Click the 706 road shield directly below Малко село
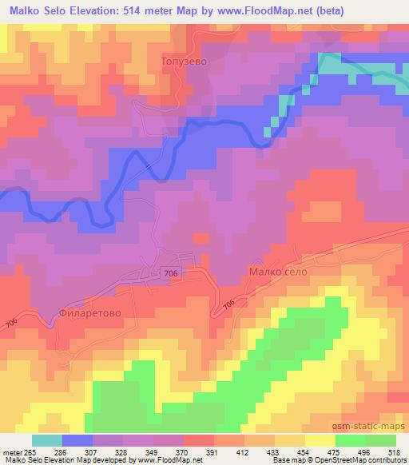tap(229, 304)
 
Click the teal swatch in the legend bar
tap(47, 440)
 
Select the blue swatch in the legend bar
tap(77, 440)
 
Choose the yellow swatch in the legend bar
tap(320, 440)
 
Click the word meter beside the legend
tap(12, 451)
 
